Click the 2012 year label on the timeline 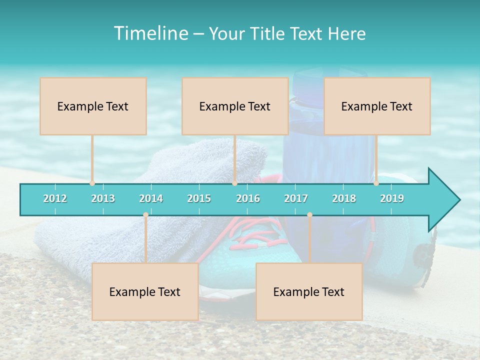55,198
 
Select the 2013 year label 103,198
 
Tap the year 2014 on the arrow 151,198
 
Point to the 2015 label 199,198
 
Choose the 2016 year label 248,198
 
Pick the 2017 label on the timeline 296,198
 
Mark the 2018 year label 344,198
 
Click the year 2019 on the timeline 392,198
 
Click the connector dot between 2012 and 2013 92,183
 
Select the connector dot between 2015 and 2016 234,183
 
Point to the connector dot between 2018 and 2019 376,183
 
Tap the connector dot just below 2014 145,215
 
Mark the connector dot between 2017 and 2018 309,215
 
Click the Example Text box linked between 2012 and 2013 93,106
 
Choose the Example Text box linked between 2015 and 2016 235,106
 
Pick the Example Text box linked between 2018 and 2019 377,106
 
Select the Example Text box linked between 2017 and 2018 309,291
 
